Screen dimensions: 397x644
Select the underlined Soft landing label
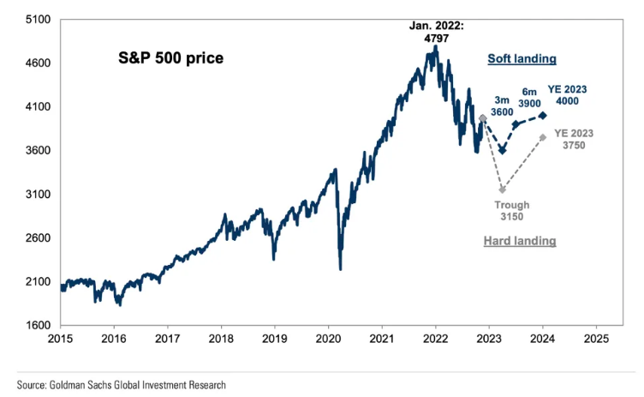[522, 59]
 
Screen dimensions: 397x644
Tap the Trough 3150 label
[512, 211]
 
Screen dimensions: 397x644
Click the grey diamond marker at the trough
[502, 189]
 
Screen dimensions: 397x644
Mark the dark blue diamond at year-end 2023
[543, 115]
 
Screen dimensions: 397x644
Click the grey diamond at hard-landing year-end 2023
[543, 137]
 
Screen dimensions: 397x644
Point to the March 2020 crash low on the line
[341, 268]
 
